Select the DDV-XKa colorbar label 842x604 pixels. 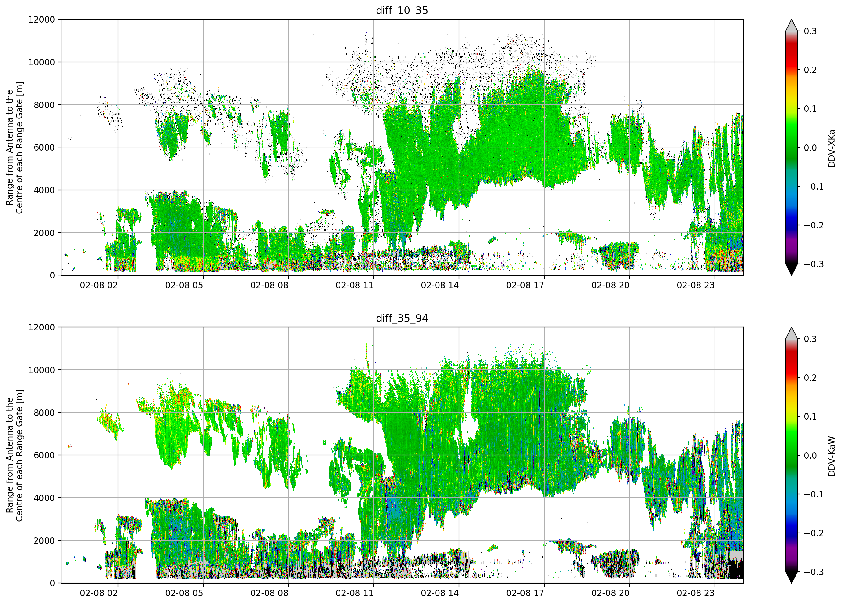coord(831,148)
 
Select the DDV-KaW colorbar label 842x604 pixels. coord(831,456)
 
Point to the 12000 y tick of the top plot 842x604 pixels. coord(42,19)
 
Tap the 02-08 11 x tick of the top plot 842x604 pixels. coord(355,285)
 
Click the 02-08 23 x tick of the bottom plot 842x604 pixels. coord(695,593)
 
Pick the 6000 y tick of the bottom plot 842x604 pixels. coord(44,455)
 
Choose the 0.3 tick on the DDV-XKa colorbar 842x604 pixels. coord(810,31)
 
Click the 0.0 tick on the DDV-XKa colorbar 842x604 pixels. coord(810,148)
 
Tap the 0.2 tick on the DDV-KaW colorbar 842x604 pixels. coord(810,378)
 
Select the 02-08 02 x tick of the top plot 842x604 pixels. coord(99,285)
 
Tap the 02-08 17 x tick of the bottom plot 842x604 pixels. coord(525,593)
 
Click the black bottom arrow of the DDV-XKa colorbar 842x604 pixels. coord(792,270)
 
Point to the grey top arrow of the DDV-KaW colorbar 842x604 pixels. coord(792,333)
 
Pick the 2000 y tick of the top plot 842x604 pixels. coord(44,233)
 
